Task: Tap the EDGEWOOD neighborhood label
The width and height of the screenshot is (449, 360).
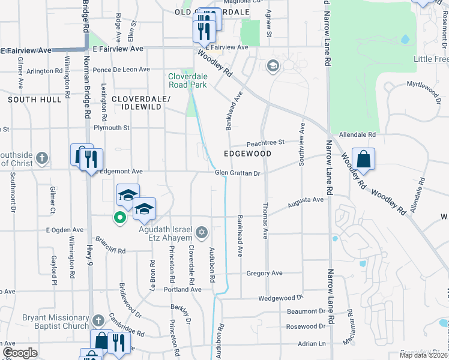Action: click(x=247, y=154)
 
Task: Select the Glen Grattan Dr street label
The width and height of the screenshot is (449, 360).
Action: click(x=237, y=173)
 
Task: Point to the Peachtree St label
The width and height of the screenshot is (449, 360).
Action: click(x=265, y=143)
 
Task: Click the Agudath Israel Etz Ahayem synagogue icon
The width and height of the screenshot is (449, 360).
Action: click(x=202, y=232)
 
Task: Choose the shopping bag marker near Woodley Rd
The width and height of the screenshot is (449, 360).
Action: click(x=363, y=160)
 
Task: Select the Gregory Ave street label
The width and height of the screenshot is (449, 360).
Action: click(x=264, y=273)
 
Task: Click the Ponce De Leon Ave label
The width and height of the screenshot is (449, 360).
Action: click(x=121, y=70)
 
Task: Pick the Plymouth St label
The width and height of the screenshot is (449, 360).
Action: click(x=112, y=128)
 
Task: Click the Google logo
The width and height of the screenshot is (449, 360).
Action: click(x=20, y=353)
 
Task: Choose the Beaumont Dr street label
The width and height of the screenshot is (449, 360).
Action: click(x=306, y=311)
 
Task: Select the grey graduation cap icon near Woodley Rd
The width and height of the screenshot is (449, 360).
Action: click(x=273, y=65)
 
